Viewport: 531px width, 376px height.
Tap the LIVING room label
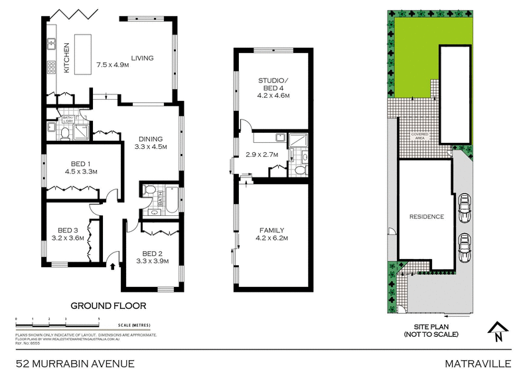(142, 58)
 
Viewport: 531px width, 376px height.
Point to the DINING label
(150, 139)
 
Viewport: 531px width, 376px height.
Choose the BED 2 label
(153, 253)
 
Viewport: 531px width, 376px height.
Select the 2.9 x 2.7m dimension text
(260, 155)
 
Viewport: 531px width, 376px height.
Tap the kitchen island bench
(84, 56)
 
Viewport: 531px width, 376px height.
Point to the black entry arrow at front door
(112, 266)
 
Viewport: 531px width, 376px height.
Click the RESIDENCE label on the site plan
(426, 217)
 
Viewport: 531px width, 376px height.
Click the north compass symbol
(496, 329)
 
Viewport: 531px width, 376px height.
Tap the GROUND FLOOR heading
(108, 306)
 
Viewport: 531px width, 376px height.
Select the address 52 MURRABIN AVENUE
(76, 363)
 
